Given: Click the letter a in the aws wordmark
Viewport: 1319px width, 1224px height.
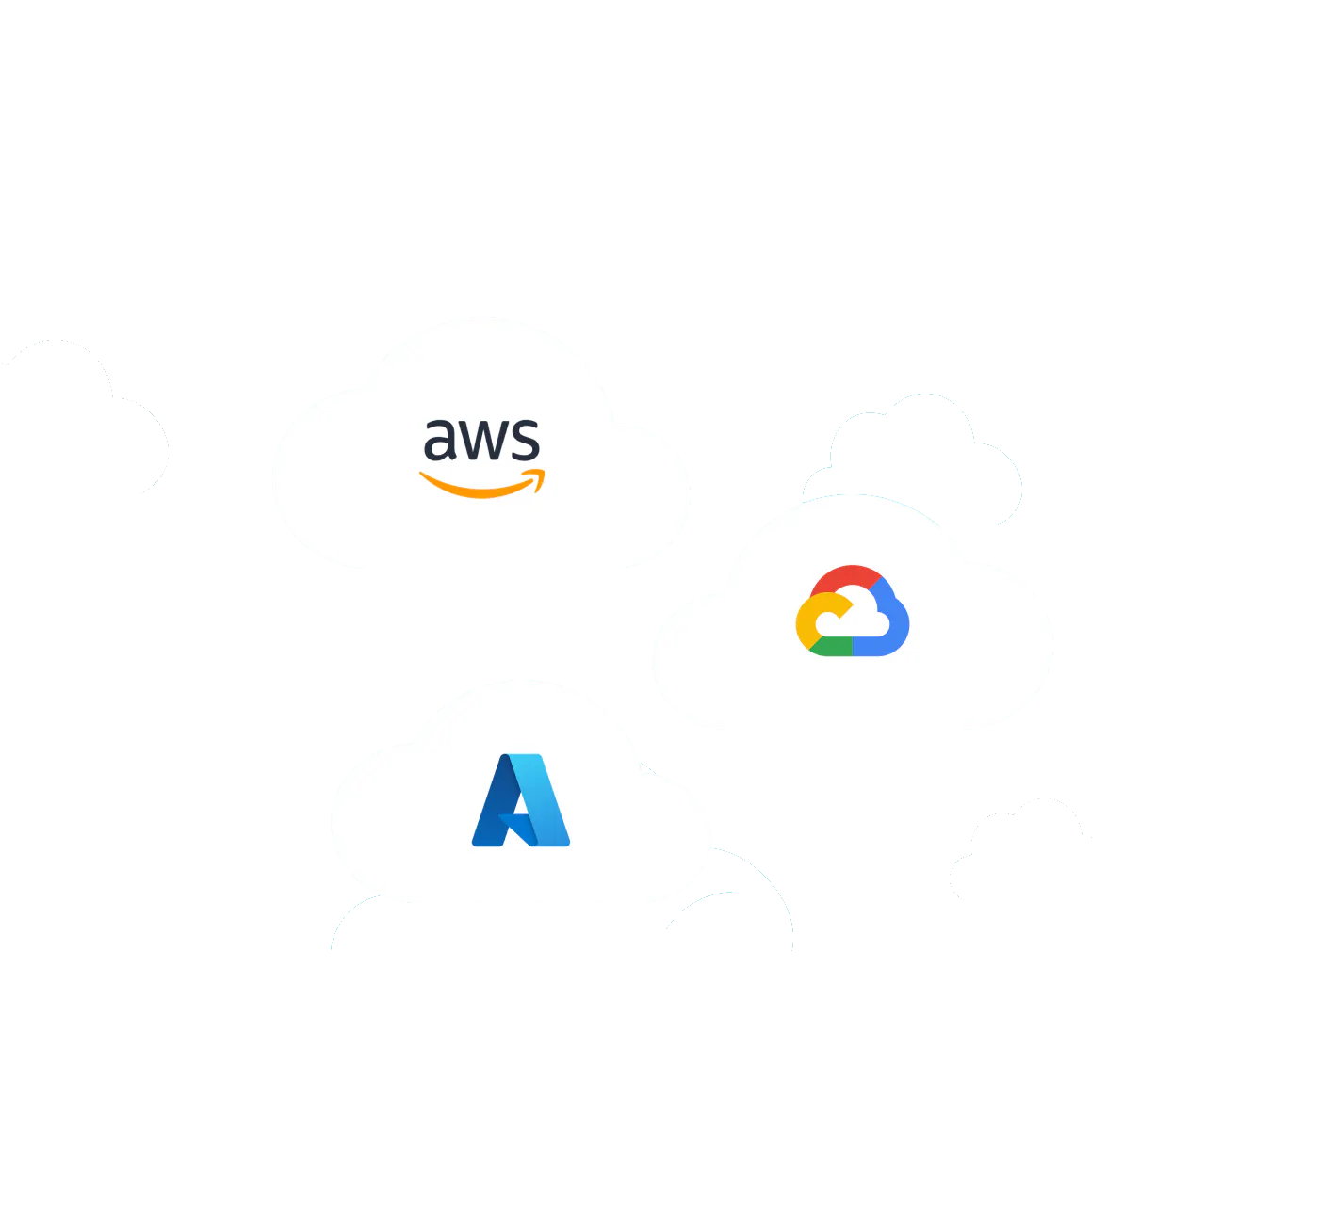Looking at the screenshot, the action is [x=440, y=440].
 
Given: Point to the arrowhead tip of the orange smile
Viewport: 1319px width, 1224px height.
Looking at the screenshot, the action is [x=544, y=471].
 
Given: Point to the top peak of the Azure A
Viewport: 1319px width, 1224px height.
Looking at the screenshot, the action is [x=521, y=755].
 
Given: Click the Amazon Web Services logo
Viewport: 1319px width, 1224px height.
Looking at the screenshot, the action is [x=481, y=459].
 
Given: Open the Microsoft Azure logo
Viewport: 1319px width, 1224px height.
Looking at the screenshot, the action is [x=521, y=800].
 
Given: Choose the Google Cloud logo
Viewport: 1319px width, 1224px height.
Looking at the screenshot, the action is [x=853, y=611].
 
